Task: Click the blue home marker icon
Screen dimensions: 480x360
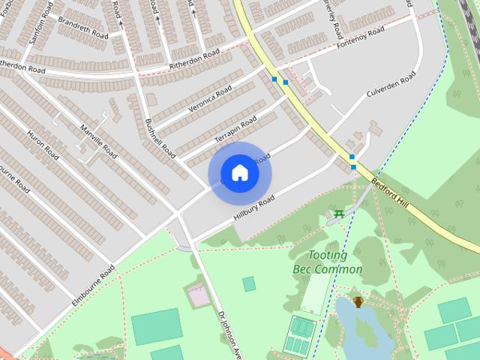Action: [240, 172]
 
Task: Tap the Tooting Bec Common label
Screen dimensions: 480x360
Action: [326, 262]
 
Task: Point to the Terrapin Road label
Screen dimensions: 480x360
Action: [236, 130]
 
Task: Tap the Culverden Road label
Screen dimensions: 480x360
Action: [391, 86]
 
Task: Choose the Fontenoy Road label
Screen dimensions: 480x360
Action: [361, 35]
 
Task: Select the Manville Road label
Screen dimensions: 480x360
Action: [100, 141]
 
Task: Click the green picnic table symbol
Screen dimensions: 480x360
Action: [340, 214]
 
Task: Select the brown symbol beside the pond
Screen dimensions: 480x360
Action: [358, 302]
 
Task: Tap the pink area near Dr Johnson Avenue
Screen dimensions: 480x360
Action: [199, 295]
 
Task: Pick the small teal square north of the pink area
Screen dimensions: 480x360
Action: [248, 283]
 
